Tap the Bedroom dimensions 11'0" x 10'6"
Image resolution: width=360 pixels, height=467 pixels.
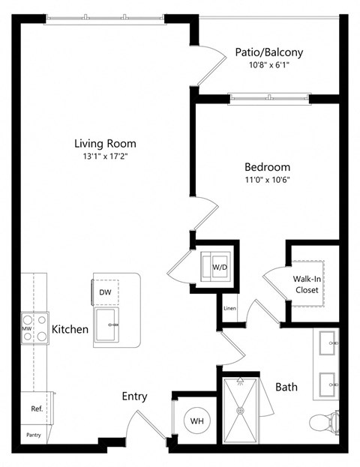click(267, 180)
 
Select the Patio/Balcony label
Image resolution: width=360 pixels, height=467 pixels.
click(268, 52)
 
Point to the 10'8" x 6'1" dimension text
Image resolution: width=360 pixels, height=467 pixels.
click(268, 65)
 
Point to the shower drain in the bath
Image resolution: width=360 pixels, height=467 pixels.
click(241, 410)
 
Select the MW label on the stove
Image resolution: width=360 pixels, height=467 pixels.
click(26, 329)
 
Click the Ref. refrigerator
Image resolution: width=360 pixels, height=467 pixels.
click(35, 409)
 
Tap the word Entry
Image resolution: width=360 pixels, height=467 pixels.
click(134, 397)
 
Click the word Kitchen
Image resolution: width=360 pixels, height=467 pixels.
click(70, 329)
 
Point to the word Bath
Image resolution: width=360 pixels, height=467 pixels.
click(286, 387)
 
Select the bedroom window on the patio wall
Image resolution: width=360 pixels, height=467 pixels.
click(268, 97)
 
